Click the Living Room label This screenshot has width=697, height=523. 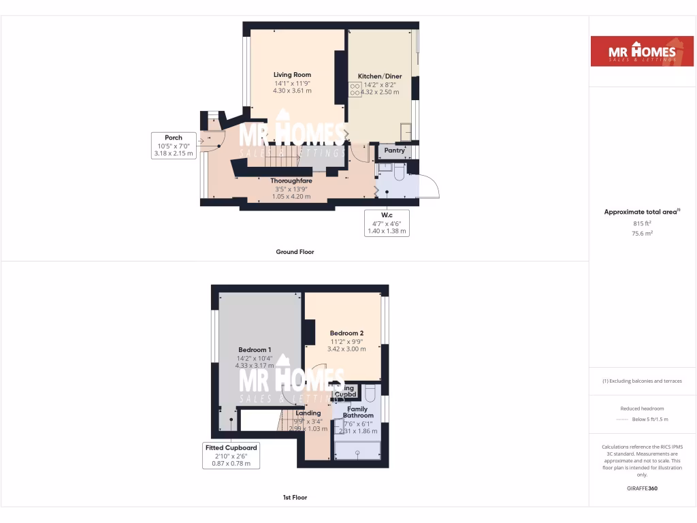(292, 75)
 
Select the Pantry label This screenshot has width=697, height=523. (395, 150)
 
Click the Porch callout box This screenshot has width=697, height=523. (174, 146)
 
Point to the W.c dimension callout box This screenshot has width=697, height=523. (387, 223)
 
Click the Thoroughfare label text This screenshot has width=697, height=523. (291, 180)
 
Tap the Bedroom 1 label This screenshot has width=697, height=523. (255, 350)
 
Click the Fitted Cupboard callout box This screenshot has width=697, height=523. (231, 456)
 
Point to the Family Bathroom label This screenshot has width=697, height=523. (358, 412)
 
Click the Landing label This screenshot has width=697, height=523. (308, 413)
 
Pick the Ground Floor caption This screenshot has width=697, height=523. (295, 252)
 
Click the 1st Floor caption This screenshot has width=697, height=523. (295, 498)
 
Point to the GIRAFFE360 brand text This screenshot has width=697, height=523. (643, 488)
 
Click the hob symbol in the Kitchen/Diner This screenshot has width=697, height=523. (355, 86)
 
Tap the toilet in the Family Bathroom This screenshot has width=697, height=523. (370, 394)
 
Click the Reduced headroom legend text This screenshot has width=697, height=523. (643, 408)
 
